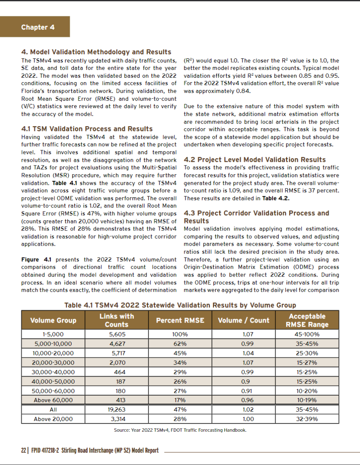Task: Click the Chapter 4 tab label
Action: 38,27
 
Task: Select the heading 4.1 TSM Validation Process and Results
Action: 87,129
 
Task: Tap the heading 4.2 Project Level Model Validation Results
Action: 255,159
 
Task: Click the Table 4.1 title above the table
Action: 180,305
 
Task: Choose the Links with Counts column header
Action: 117,320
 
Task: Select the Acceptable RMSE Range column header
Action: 307,320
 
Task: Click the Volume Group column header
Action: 53,320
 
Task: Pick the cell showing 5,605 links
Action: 117,334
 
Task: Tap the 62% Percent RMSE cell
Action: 180,344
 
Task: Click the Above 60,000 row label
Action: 53,400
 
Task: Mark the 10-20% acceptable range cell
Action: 307,391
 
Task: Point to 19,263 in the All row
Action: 117,410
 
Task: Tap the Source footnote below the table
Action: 180,430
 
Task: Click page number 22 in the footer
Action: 23,451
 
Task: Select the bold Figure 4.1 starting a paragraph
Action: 35,260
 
